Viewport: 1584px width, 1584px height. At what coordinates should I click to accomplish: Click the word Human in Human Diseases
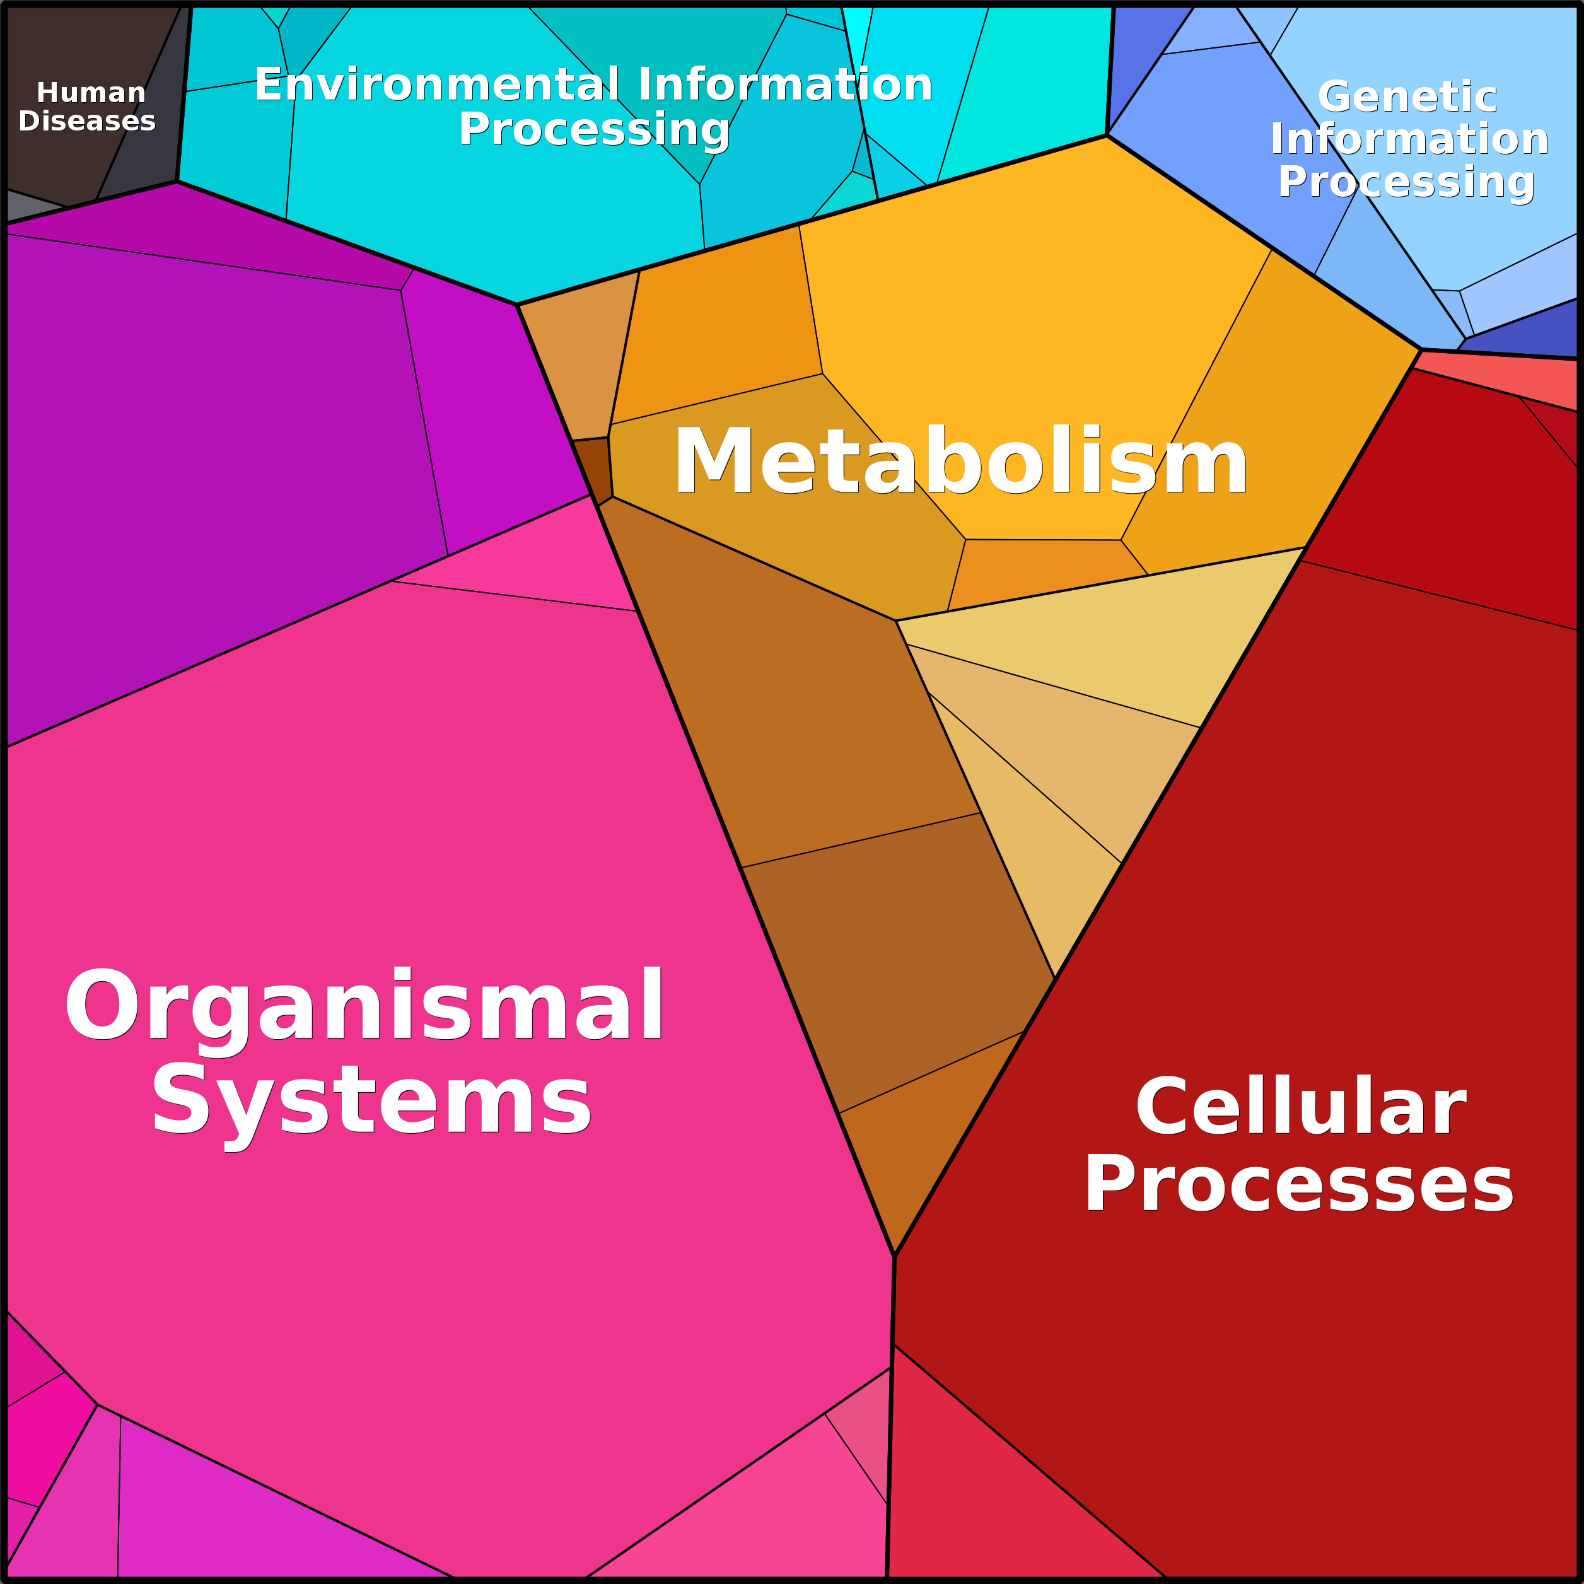91,93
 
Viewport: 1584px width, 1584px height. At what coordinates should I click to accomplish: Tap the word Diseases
87,121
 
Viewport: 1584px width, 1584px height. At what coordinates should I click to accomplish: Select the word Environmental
437,85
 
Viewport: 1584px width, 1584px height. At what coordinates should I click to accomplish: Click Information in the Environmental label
786,85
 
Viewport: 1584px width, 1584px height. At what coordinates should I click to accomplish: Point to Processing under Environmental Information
595,129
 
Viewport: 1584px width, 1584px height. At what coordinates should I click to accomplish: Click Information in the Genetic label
1409,139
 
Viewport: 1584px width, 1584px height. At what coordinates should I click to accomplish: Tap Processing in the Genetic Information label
1406,182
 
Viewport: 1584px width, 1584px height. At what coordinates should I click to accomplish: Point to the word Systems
371,1100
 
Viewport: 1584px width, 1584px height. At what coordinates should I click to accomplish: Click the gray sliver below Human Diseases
33,207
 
